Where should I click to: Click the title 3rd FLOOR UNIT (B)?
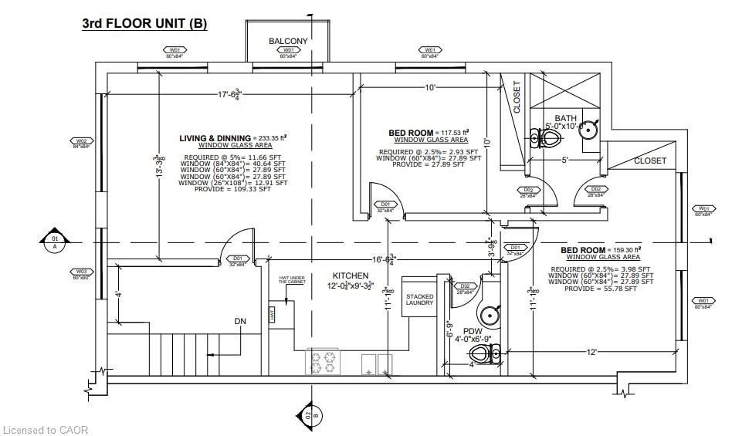coord(144,23)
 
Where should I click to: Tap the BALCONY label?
coord(288,41)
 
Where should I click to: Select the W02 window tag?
coord(81,143)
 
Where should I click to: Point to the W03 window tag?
coord(81,272)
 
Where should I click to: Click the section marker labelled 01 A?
coord(54,242)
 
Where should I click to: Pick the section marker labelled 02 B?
coord(309,416)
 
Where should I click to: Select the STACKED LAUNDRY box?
coord(419,300)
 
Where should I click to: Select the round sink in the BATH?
coord(588,128)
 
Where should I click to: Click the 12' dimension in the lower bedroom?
coord(591,352)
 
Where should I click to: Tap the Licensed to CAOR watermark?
coord(46,429)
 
